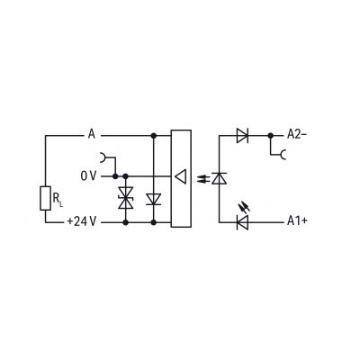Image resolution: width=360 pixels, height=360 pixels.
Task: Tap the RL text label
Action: click(58, 200)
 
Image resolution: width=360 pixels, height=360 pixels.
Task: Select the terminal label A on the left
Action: click(91, 134)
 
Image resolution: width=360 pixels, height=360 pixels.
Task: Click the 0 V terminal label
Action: click(88, 176)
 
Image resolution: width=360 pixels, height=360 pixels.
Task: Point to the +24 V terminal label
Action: click(82, 221)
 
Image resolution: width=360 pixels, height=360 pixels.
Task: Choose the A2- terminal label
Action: click(297, 134)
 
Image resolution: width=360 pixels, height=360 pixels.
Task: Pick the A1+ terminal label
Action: click(297, 221)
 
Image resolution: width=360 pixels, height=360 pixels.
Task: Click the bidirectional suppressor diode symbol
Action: click(126, 198)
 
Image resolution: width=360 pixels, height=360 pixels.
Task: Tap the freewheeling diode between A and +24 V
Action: click(154, 200)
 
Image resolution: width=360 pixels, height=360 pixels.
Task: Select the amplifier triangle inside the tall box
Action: click(181, 176)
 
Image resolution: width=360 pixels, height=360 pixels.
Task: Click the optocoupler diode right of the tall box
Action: click(219, 178)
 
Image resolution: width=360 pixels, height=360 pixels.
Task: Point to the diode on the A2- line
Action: click(242, 136)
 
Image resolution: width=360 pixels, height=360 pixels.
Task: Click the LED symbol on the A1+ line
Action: click(242, 222)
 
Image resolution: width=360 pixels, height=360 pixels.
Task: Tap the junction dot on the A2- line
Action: click(270, 136)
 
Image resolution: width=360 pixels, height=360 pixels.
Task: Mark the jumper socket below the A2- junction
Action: click(283, 155)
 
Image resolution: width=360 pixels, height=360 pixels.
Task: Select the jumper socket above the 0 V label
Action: click(103, 157)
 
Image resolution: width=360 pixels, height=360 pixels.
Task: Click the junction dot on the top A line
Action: click(154, 136)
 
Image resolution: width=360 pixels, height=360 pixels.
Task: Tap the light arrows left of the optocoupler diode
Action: click(202, 179)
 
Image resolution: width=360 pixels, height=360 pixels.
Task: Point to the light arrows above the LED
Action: click(243, 208)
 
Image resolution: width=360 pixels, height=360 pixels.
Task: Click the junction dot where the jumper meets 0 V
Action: click(115, 176)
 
